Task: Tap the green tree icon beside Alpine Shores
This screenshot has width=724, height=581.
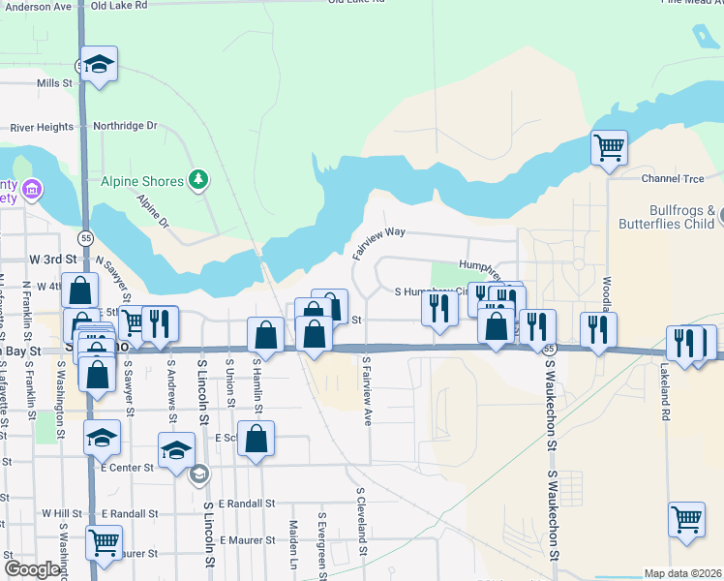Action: point(198,179)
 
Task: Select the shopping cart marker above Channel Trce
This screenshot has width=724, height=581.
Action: point(609,149)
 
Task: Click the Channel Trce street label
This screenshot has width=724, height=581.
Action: point(673,179)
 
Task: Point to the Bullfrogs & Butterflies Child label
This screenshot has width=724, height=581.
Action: point(669,217)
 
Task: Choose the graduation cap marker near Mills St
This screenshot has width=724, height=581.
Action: point(99,65)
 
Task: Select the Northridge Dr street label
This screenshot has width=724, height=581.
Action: point(125,126)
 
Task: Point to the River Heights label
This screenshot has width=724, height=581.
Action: point(42,127)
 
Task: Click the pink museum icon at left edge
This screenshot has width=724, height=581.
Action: point(32,188)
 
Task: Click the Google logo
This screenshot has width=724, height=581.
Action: point(32,569)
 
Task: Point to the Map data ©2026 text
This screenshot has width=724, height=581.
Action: point(682,573)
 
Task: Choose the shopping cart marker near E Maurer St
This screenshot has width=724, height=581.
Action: point(104,543)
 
